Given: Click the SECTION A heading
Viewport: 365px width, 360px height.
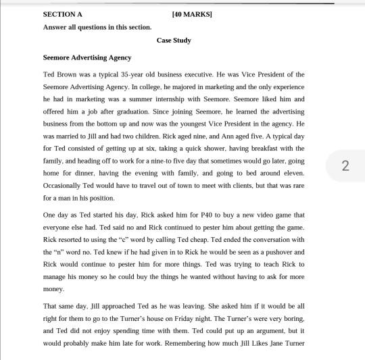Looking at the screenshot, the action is (x=62, y=14).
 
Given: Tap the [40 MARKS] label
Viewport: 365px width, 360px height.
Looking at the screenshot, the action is (x=192, y=14).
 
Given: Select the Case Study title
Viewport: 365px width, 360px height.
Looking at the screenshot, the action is (x=174, y=41).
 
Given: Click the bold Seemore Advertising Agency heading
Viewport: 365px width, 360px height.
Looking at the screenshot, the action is (x=87, y=57).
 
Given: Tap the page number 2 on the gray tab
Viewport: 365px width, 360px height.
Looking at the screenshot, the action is (x=345, y=165).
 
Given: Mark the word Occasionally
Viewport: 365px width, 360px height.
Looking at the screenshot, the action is (x=63, y=186).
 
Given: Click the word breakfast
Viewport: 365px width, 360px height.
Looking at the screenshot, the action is (x=262, y=149).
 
